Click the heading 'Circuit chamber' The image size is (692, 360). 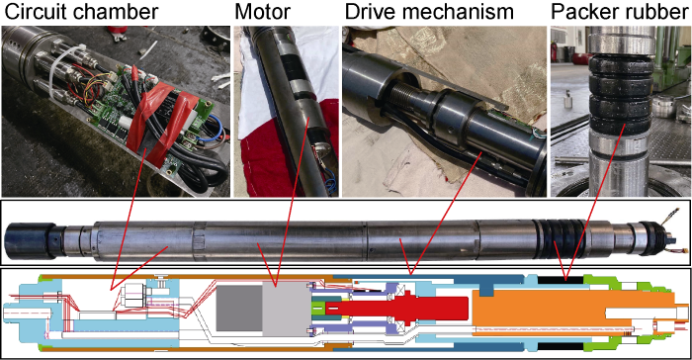tap(81, 12)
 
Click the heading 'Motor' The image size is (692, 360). tap(263, 12)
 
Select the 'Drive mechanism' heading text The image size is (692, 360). tap(429, 12)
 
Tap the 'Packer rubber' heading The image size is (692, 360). tap(620, 12)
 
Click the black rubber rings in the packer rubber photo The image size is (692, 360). tap(622, 95)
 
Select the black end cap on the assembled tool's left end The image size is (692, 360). tap(29, 239)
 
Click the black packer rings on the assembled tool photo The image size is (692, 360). tap(560, 238)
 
